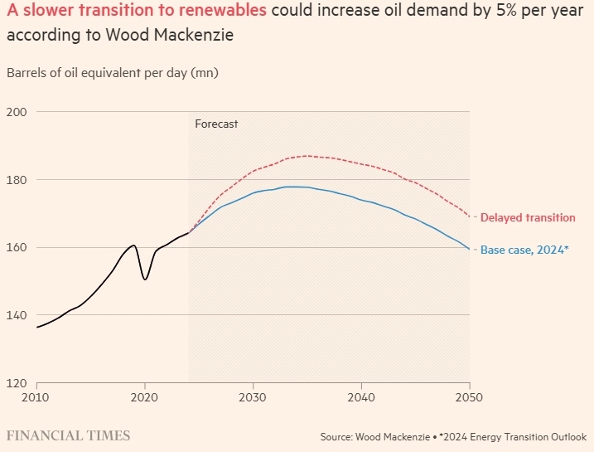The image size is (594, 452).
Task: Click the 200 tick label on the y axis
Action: point(18,112)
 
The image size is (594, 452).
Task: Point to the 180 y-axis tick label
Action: point(18,180)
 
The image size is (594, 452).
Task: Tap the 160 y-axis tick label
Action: point(18,247)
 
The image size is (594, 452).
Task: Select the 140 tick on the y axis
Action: point(18,315)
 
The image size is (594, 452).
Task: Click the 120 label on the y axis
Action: point(18,383)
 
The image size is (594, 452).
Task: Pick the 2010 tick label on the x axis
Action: point(36,396)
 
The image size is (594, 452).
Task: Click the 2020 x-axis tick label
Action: point(145,396)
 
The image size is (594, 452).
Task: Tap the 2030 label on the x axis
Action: point(253,396)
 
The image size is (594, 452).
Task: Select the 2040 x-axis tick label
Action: point(361,396)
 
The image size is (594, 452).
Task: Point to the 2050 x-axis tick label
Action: point(469,396)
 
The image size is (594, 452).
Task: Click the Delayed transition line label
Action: point(528,218)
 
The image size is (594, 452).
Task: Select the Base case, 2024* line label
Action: point(525,250)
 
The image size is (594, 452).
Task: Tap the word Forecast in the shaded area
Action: point(216,124)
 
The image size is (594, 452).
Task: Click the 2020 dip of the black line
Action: point(145,279)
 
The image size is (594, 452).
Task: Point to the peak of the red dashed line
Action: point(307,156)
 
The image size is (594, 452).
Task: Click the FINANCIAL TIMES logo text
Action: point(68,435)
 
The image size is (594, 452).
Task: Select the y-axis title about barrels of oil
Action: point(112,73)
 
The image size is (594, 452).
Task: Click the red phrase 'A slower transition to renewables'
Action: point(137,12)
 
